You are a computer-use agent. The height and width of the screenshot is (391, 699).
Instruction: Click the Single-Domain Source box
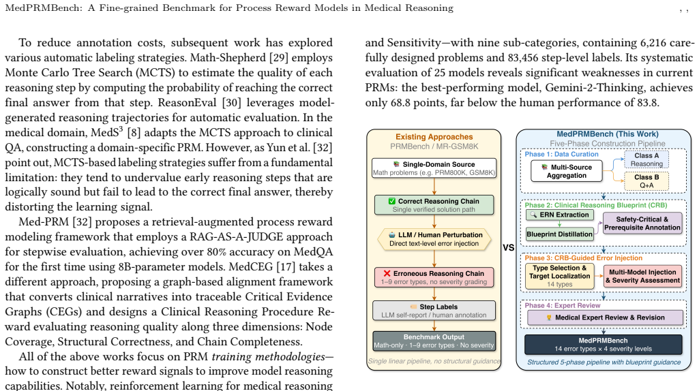(x=434, y=168)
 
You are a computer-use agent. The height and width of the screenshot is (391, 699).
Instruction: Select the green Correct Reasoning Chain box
(x=434, y=205)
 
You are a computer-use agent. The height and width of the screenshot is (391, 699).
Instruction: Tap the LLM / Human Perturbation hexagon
(x=434, y=239)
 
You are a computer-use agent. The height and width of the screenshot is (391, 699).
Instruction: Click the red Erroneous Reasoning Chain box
(x=434, y=277)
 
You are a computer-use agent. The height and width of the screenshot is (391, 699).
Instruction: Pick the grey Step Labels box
(x=434, y=311)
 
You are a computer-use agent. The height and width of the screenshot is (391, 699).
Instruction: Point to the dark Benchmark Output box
(x=434, y=341)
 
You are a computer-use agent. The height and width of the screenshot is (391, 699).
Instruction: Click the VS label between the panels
(x=508, y=247)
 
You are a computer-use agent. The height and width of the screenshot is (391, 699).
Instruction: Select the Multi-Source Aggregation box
(x=567, y=172)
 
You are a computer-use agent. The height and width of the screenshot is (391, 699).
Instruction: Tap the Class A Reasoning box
(x=646, y=159)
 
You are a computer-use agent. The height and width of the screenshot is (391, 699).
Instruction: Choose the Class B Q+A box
(x=646, y=181)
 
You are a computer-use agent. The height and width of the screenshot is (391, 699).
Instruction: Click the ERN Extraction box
(x=560, y=215)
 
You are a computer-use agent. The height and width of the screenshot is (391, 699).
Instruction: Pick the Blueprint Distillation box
(x=559, y=234)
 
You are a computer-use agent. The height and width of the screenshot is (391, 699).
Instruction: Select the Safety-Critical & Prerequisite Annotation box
(x=642, y=223)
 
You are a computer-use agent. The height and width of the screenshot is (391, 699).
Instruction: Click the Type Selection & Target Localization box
(x=559, y=276)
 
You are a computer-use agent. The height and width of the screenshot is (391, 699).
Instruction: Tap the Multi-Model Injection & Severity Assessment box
(x=642, y=276)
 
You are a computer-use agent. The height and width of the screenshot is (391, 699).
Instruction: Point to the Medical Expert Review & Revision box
(x=605, y=317)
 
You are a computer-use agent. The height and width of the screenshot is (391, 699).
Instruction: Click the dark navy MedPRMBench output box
(x=603, y=345)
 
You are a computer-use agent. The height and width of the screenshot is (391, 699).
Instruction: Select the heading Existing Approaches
(x=434, y=137)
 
